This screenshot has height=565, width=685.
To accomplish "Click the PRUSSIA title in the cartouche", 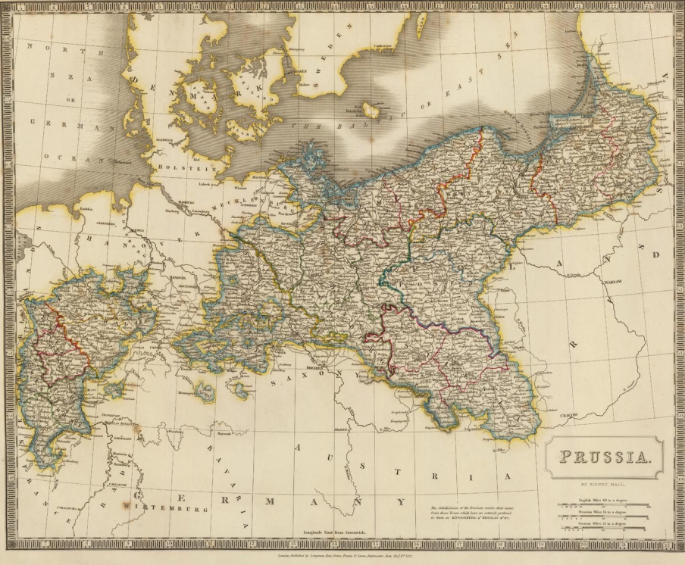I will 604,457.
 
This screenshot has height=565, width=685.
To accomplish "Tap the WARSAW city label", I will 612,281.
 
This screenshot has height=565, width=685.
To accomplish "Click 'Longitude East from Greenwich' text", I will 334,533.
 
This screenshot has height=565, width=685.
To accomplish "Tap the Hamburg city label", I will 188,202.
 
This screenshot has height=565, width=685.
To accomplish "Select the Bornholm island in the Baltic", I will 371,111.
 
